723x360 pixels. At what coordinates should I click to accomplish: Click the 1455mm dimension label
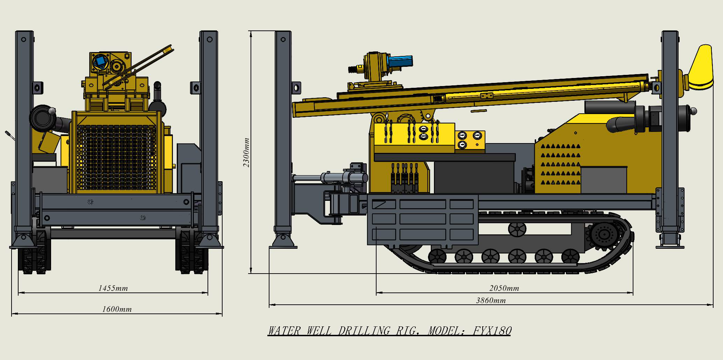[x=113, y=288]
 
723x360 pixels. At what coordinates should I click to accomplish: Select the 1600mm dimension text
[x=117, y=309]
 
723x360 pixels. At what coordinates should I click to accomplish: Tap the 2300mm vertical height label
[x=246, y=153]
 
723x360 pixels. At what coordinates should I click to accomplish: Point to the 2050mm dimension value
[x=504, y=288]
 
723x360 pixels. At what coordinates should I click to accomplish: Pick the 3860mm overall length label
[x=491, y=300]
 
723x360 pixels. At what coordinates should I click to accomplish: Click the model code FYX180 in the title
[x=492, y=331]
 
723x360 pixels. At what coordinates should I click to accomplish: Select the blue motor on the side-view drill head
[x=400, y=62]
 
